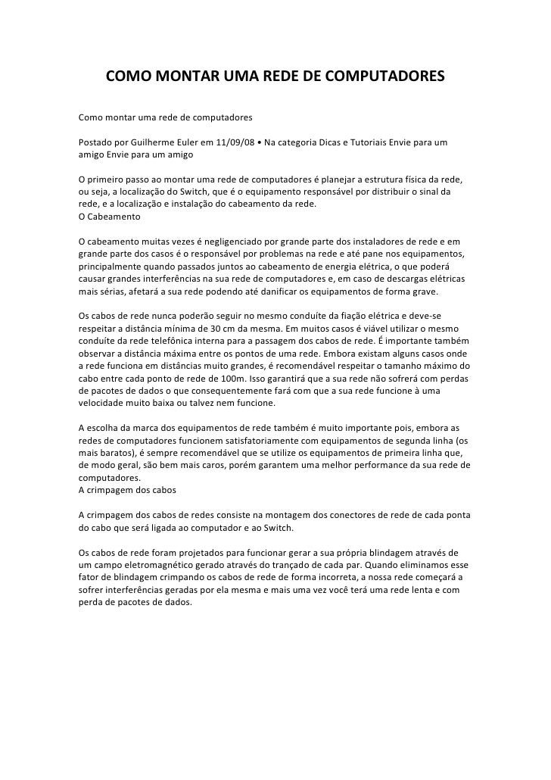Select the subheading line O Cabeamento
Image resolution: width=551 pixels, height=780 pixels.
coord(110,217)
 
